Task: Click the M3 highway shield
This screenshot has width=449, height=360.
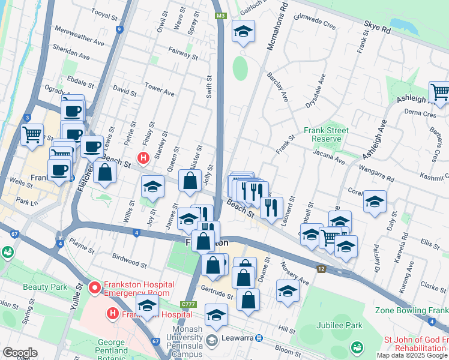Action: pyautogui.click(x=221, y=16)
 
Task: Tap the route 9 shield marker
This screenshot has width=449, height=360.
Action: pyautogui.click(x=120, y=29)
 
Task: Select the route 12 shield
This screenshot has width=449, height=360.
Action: pyautogui.click(x=322, y=269)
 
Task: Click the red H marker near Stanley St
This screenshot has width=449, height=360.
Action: pyautogui.click(x=143, y=158)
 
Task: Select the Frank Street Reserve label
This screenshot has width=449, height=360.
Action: pyautogui.click(x=326, y=134)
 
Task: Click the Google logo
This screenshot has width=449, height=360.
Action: pyautogui.click(x=20, y=353)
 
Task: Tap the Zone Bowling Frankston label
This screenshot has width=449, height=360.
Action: pyautogui.click(x=412, y=311)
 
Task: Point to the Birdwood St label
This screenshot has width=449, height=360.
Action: pyautogui.click(x=130, y=260)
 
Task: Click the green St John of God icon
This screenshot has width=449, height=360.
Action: pyautogui.click(x=358, y=347)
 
